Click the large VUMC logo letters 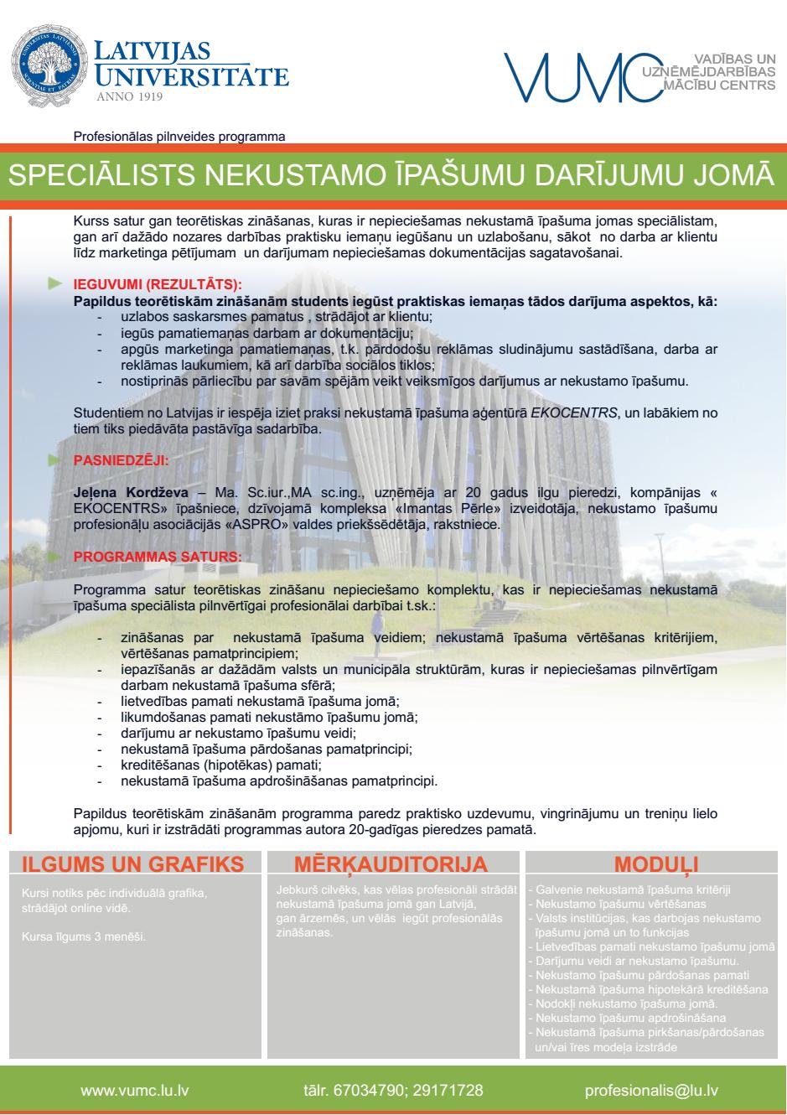point(576,76)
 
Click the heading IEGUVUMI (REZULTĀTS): point(158,285)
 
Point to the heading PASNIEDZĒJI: point(121,460)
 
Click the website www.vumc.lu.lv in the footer point(134,1091)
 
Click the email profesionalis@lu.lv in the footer point(651,1091)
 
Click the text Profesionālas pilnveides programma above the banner point(179,135)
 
